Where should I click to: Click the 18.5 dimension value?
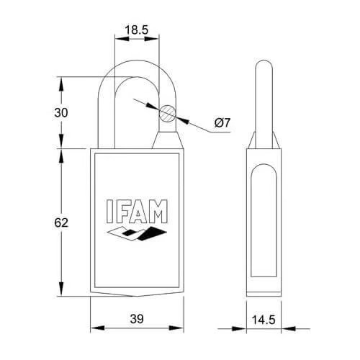click(137, 30)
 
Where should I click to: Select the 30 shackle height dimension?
click(61, 112)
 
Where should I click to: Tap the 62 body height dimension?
click(61, 222)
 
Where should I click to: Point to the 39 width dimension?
click(137, 319)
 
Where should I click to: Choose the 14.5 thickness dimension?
click(264, 320)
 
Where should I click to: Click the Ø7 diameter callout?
click(222, 123)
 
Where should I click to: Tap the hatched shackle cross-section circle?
click(168, 113)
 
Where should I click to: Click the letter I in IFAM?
click(109, 211)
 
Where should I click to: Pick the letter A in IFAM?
click(138, 211)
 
